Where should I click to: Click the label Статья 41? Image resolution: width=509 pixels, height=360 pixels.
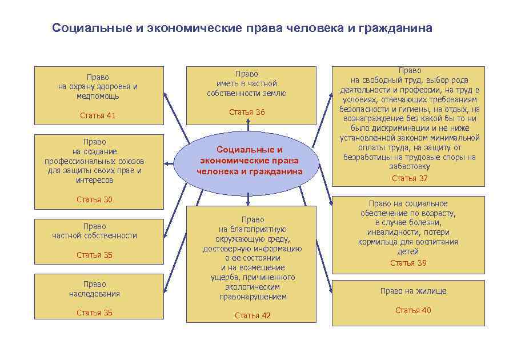[98, 115]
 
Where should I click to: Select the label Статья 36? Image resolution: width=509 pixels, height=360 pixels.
[247, 112]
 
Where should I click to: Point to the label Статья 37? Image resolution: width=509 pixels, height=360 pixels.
[409, 178]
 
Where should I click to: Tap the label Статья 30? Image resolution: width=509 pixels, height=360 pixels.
[94, 199]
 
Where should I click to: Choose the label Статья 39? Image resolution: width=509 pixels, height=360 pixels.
[408, 263]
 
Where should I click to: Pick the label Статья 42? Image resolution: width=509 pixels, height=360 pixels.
[253, 315]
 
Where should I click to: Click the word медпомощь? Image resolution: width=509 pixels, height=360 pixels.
[98, 96]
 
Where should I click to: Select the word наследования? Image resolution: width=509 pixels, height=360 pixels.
[94, 294]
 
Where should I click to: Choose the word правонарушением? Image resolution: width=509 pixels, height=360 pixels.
[253, 297]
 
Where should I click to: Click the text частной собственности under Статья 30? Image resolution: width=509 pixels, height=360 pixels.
[94, 235]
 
